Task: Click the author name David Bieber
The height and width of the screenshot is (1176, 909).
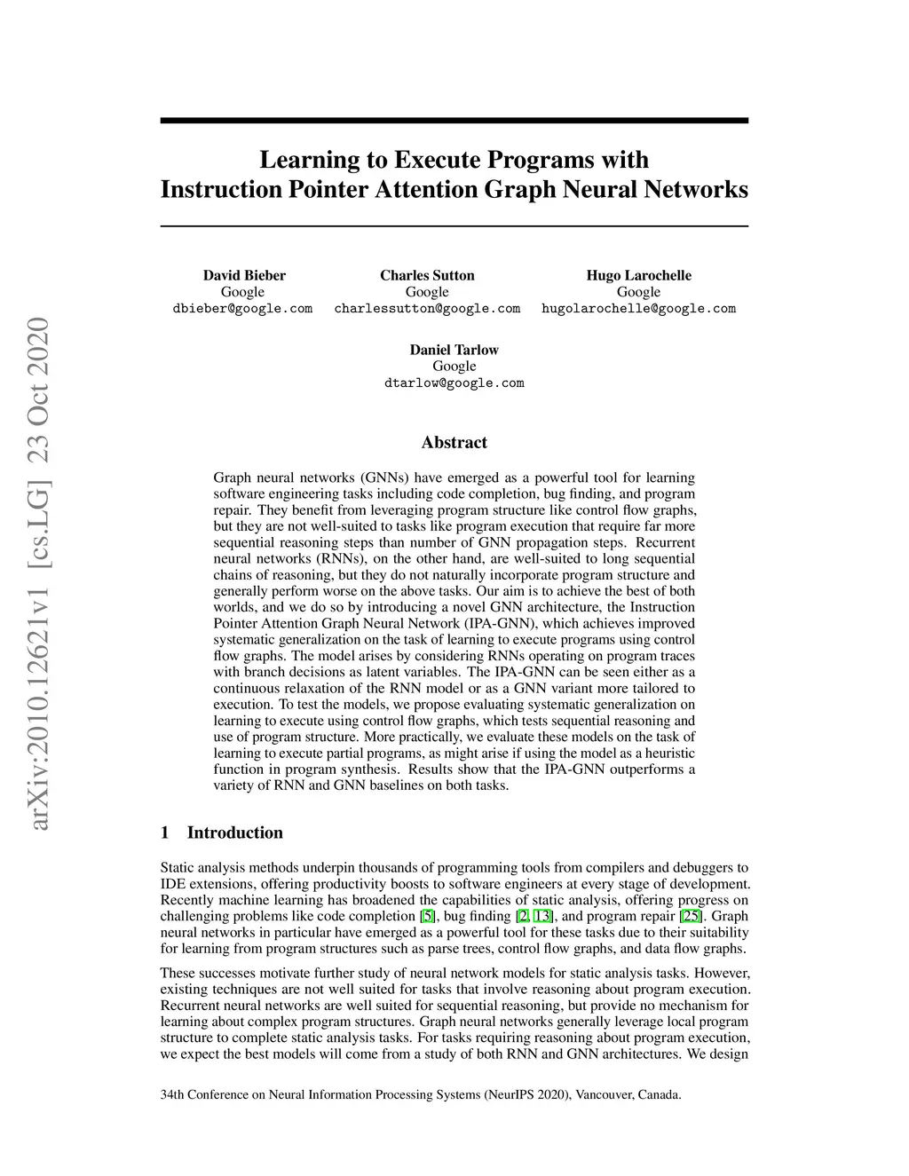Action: click(x=244, y=275)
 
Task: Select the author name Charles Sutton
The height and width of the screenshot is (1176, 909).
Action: click(x=427, y=275)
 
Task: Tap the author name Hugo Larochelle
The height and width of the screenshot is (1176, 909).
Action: click(x=638, y=275)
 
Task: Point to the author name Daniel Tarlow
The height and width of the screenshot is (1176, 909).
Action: click(x=454, y=350)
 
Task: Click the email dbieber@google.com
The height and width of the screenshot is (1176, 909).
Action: click(x=242, y=309)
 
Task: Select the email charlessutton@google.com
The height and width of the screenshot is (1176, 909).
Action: click(x=427, y=309)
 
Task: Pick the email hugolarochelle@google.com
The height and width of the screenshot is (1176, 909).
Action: click(x=638, y=309)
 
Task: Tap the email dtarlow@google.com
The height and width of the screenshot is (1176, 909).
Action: click(x=454, y=383)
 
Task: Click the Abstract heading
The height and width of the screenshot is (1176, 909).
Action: click(x=454, y=442)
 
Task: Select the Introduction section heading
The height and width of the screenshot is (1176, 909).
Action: click(x=234, y=833)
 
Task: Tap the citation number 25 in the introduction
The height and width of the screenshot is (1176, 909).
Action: click(x=690, y=916)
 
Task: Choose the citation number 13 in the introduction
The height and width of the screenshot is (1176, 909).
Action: click(x=542, y=916)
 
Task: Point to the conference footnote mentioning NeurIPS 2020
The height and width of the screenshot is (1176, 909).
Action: click(x=421, y=1094)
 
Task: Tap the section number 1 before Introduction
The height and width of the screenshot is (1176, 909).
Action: click(x=165, y=833)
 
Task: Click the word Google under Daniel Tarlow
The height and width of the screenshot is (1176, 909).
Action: click(x=454, y=367)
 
